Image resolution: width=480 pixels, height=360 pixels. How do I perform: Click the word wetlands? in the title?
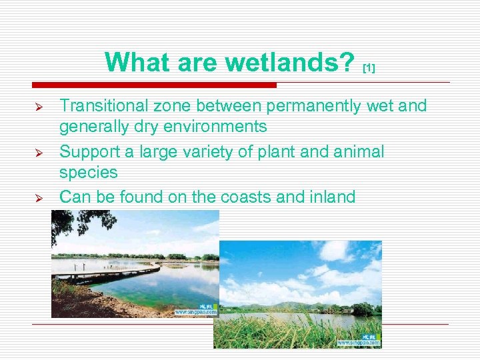click(x=290, y=63)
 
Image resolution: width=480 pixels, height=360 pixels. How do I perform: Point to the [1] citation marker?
click(x=369, y=68)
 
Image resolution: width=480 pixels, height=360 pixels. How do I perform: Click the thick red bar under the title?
click(x=154, y=85)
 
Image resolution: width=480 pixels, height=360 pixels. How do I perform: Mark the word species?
click(x=88, y=173)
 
